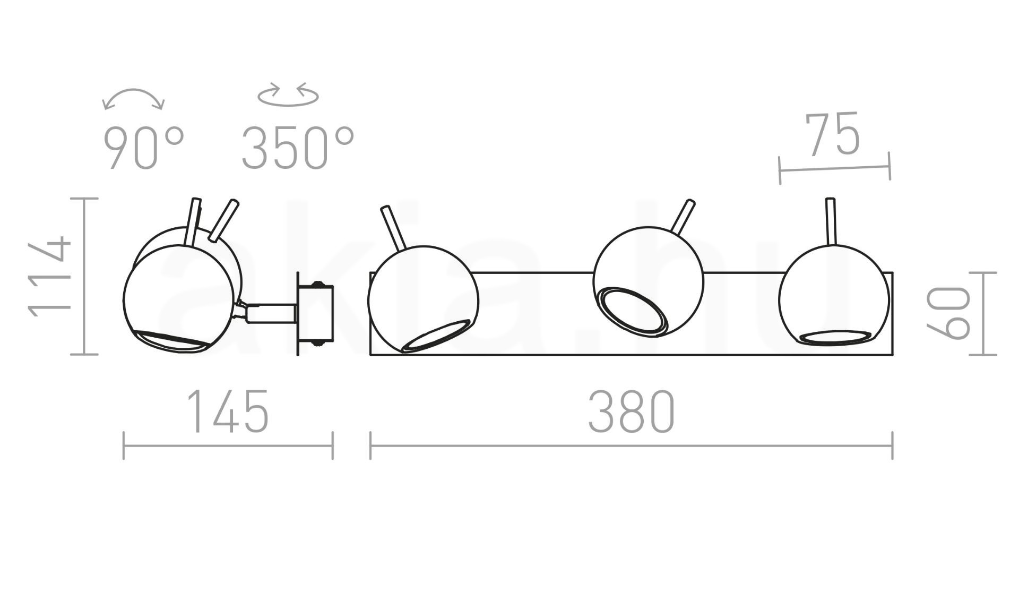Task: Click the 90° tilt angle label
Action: pos(143,149)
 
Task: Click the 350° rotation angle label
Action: pos(298,149)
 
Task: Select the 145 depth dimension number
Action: pos(229,411)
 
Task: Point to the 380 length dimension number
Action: pos(632,411)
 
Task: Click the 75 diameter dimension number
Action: pos(832,134)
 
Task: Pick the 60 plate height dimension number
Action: pos(948,313)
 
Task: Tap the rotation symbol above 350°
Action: pos(288,95)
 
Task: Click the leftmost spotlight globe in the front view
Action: pos(423,299)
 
